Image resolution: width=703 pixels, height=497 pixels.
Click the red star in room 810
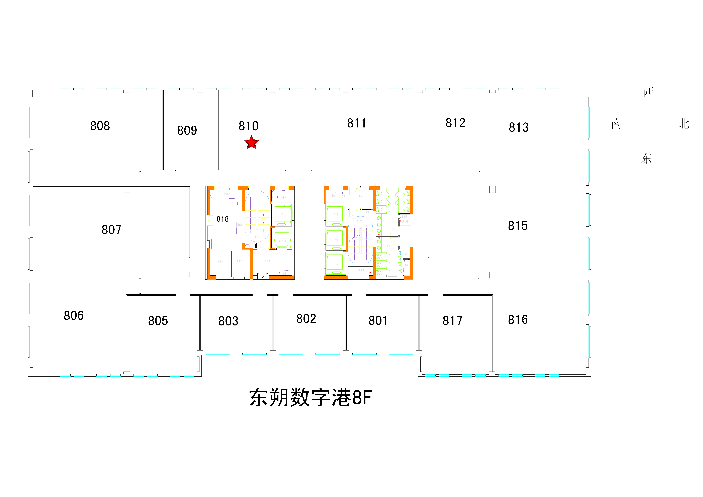pos(251,143)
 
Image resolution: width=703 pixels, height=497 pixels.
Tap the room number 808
pos(100,126)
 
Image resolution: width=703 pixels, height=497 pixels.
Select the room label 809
pos(187,130)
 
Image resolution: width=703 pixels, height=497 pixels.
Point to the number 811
pos(356,123)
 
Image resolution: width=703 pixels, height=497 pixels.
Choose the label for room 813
pos(518,127)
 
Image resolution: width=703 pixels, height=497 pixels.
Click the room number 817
pos(452,321)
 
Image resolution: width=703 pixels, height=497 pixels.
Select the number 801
pos(378,320)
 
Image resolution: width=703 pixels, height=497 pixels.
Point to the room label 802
pos(306,319)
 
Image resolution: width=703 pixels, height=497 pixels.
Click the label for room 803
pos(228,321)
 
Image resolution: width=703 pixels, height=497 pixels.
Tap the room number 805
pos(158,321)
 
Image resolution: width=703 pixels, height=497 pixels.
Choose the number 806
pos(74,315)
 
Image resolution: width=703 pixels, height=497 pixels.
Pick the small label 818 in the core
pos(222,219)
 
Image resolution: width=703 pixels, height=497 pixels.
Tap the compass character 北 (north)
pos(683,124)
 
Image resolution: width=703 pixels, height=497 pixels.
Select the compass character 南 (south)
pos(616,124)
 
